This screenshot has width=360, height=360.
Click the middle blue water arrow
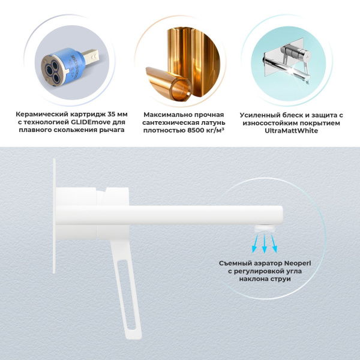264,242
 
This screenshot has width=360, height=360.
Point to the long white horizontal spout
198,214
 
